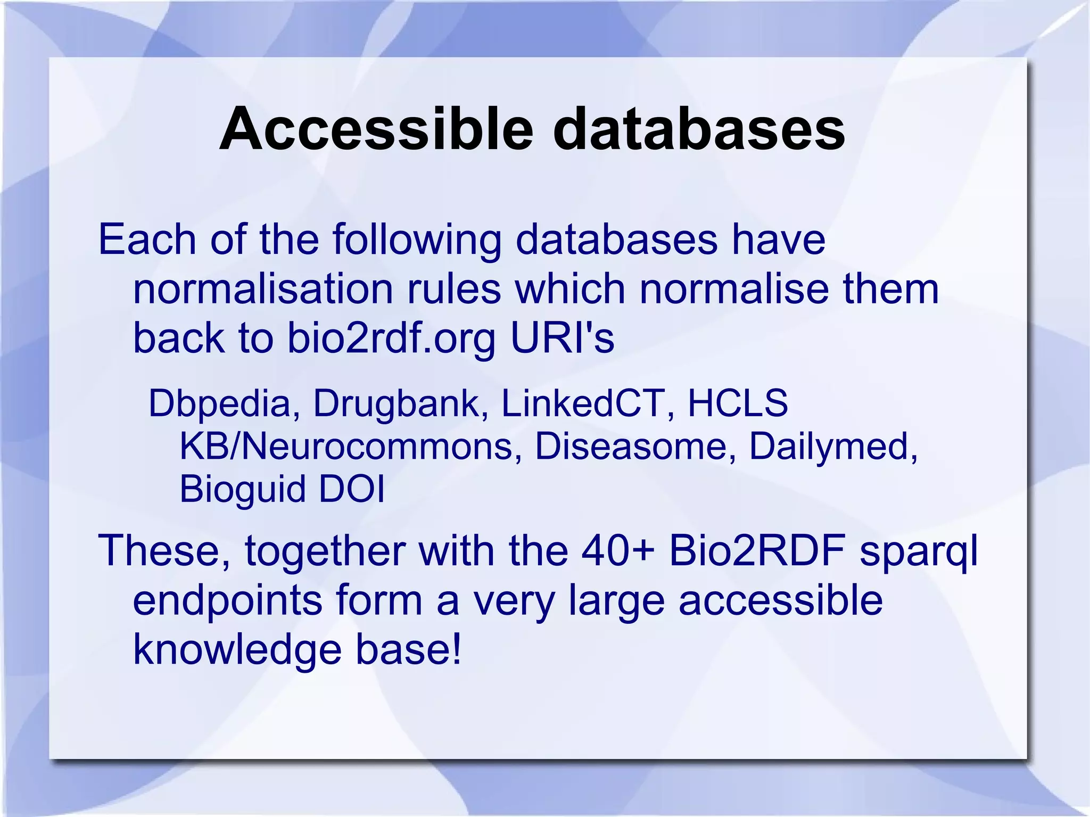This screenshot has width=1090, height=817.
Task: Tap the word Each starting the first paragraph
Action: coord(147,240)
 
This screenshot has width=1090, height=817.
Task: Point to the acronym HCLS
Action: coord(738,403)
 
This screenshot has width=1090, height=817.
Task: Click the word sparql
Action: coord(919,551)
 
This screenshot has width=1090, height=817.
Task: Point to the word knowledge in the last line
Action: coord(237,650)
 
